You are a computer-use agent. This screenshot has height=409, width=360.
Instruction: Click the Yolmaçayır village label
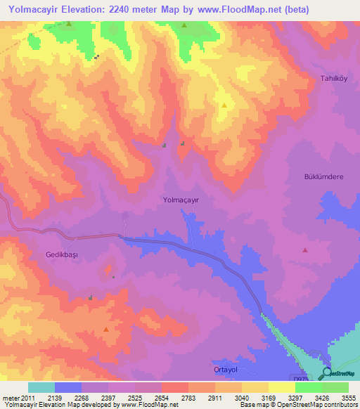tap(181, 200)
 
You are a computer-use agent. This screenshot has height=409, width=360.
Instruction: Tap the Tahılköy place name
tap(335, 78)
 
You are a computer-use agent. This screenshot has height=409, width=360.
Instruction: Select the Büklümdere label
tap(323, 177)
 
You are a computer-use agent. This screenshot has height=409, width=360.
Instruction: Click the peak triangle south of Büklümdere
tap(305, 250)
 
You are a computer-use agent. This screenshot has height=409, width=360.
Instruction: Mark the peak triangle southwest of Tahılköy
tap(224, 105)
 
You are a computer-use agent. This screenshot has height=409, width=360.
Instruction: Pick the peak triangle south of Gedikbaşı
tap(106, 329)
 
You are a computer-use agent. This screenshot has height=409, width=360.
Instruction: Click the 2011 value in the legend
tap(28, 398)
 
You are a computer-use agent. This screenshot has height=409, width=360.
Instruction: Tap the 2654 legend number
tap(162, 398)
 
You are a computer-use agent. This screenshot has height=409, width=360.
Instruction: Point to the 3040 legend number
tap(242, 398)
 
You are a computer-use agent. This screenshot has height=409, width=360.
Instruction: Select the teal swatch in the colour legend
tap(41, 387)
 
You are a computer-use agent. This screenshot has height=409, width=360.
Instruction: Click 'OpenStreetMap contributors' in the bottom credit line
tap(323, 405)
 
